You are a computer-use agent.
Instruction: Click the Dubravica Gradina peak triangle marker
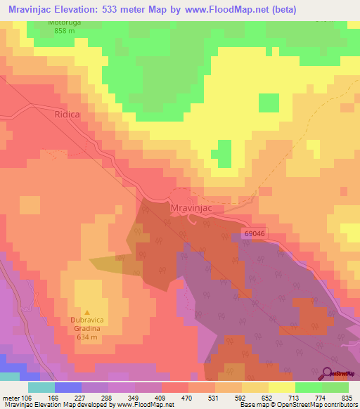(x=87, y=312)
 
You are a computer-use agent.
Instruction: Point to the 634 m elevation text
(x=86, y=335)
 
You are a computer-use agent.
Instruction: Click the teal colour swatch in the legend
(x=41, y=387)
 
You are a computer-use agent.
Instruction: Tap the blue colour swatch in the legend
(x=68, y=387)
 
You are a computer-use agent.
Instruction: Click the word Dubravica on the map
(x=86, y=320)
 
